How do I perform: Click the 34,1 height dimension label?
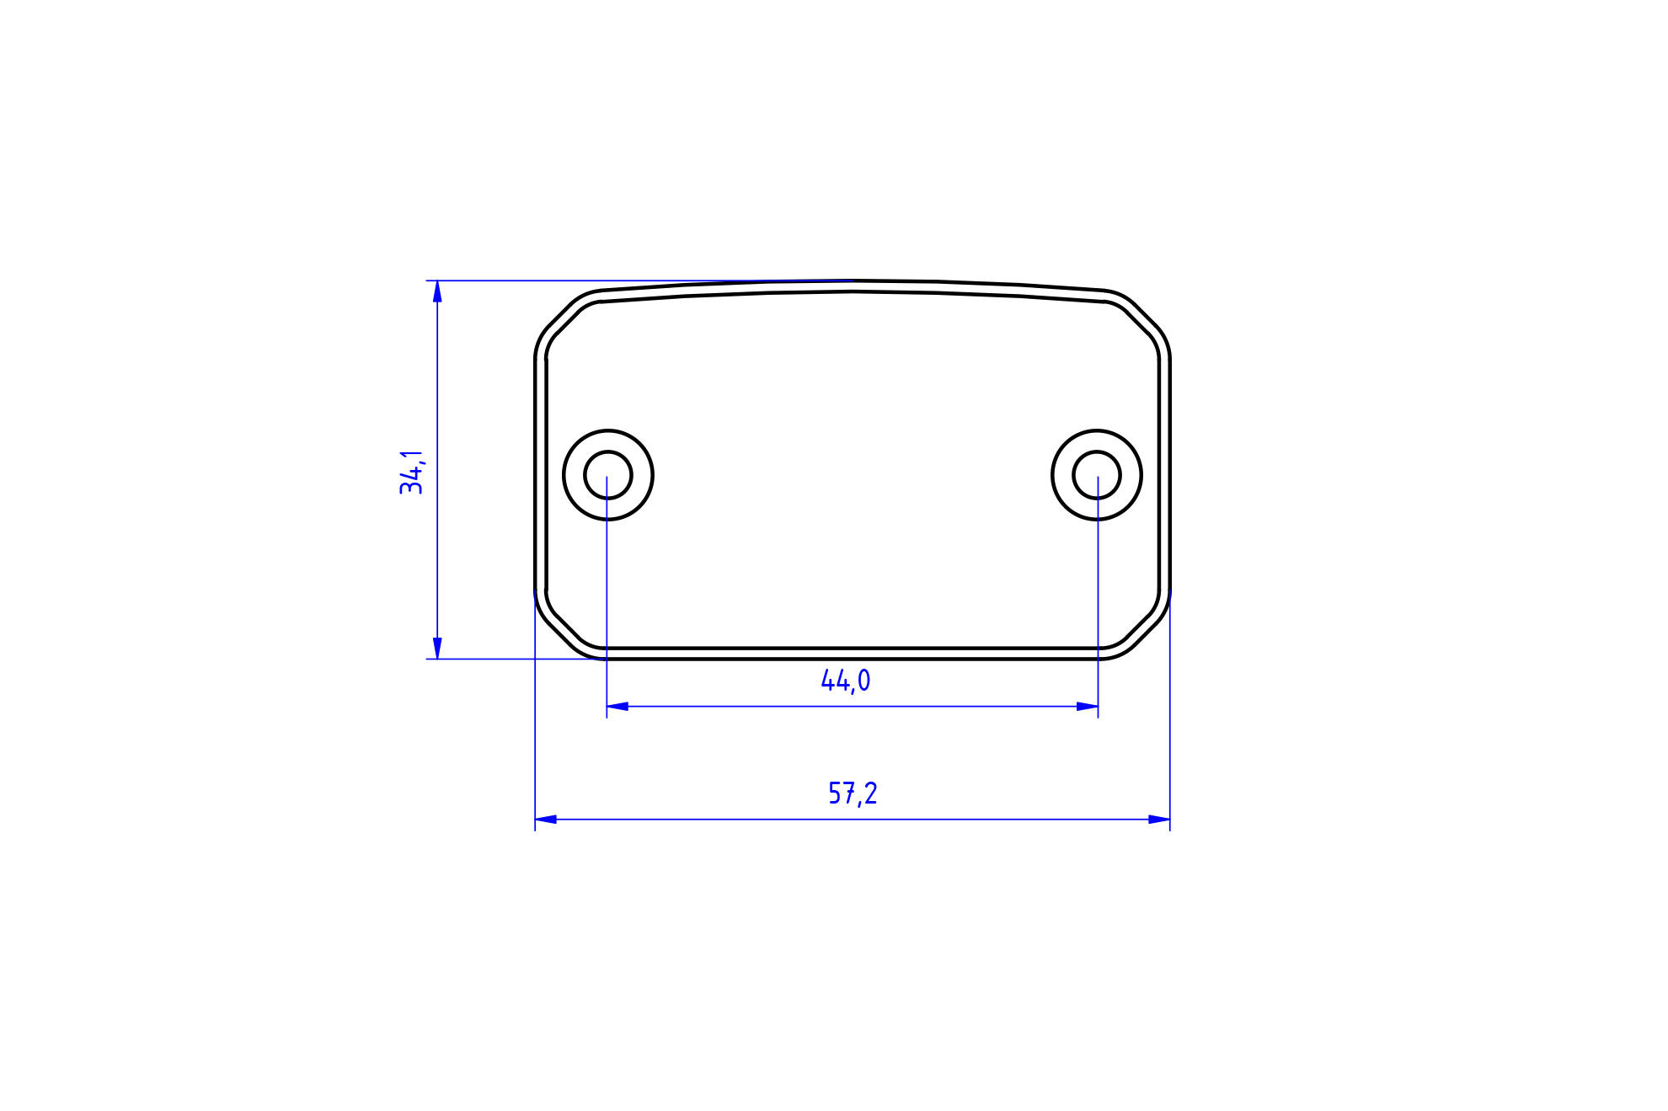tap(412, 473)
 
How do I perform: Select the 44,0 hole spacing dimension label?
tap(846, 681)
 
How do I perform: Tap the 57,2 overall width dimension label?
tap(853, 793)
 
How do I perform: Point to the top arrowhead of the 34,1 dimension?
tap(437, 291)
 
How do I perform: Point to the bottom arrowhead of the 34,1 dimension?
tap(437, 648)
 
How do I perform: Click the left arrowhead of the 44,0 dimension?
tap(617, 706)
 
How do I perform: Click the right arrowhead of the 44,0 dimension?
tap(1087, 706)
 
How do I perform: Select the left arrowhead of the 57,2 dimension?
tap(546, 819)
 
